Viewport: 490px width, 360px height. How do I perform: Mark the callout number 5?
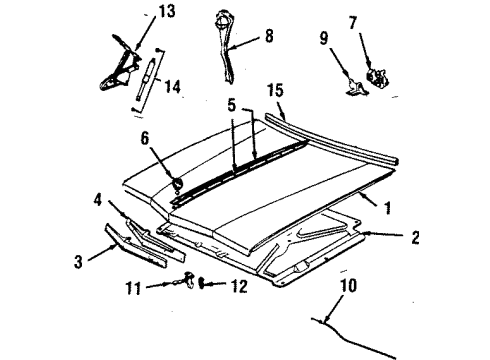pos(232,104)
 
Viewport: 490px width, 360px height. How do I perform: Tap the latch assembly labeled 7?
pos(379,73)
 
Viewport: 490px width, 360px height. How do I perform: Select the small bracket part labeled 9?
pos(355,88)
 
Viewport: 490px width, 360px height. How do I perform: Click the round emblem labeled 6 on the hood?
pos(176,184)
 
